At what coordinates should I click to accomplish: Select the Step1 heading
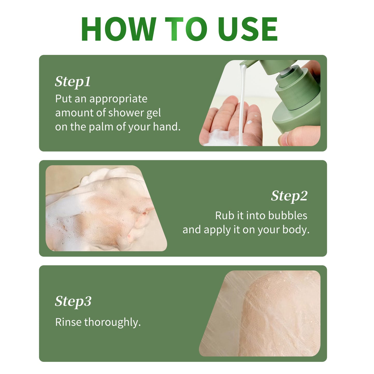click(x=73, y=82)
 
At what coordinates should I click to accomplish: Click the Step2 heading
click(x=289, y=196)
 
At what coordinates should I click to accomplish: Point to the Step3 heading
click(x=73, y=302)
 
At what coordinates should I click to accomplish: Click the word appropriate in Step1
click(x=118, y=99)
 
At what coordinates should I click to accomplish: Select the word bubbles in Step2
click(x=288, y=216)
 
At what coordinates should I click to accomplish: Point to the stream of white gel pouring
click(x=242, y=104)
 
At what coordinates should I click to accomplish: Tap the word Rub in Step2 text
click(x=224, y=216)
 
